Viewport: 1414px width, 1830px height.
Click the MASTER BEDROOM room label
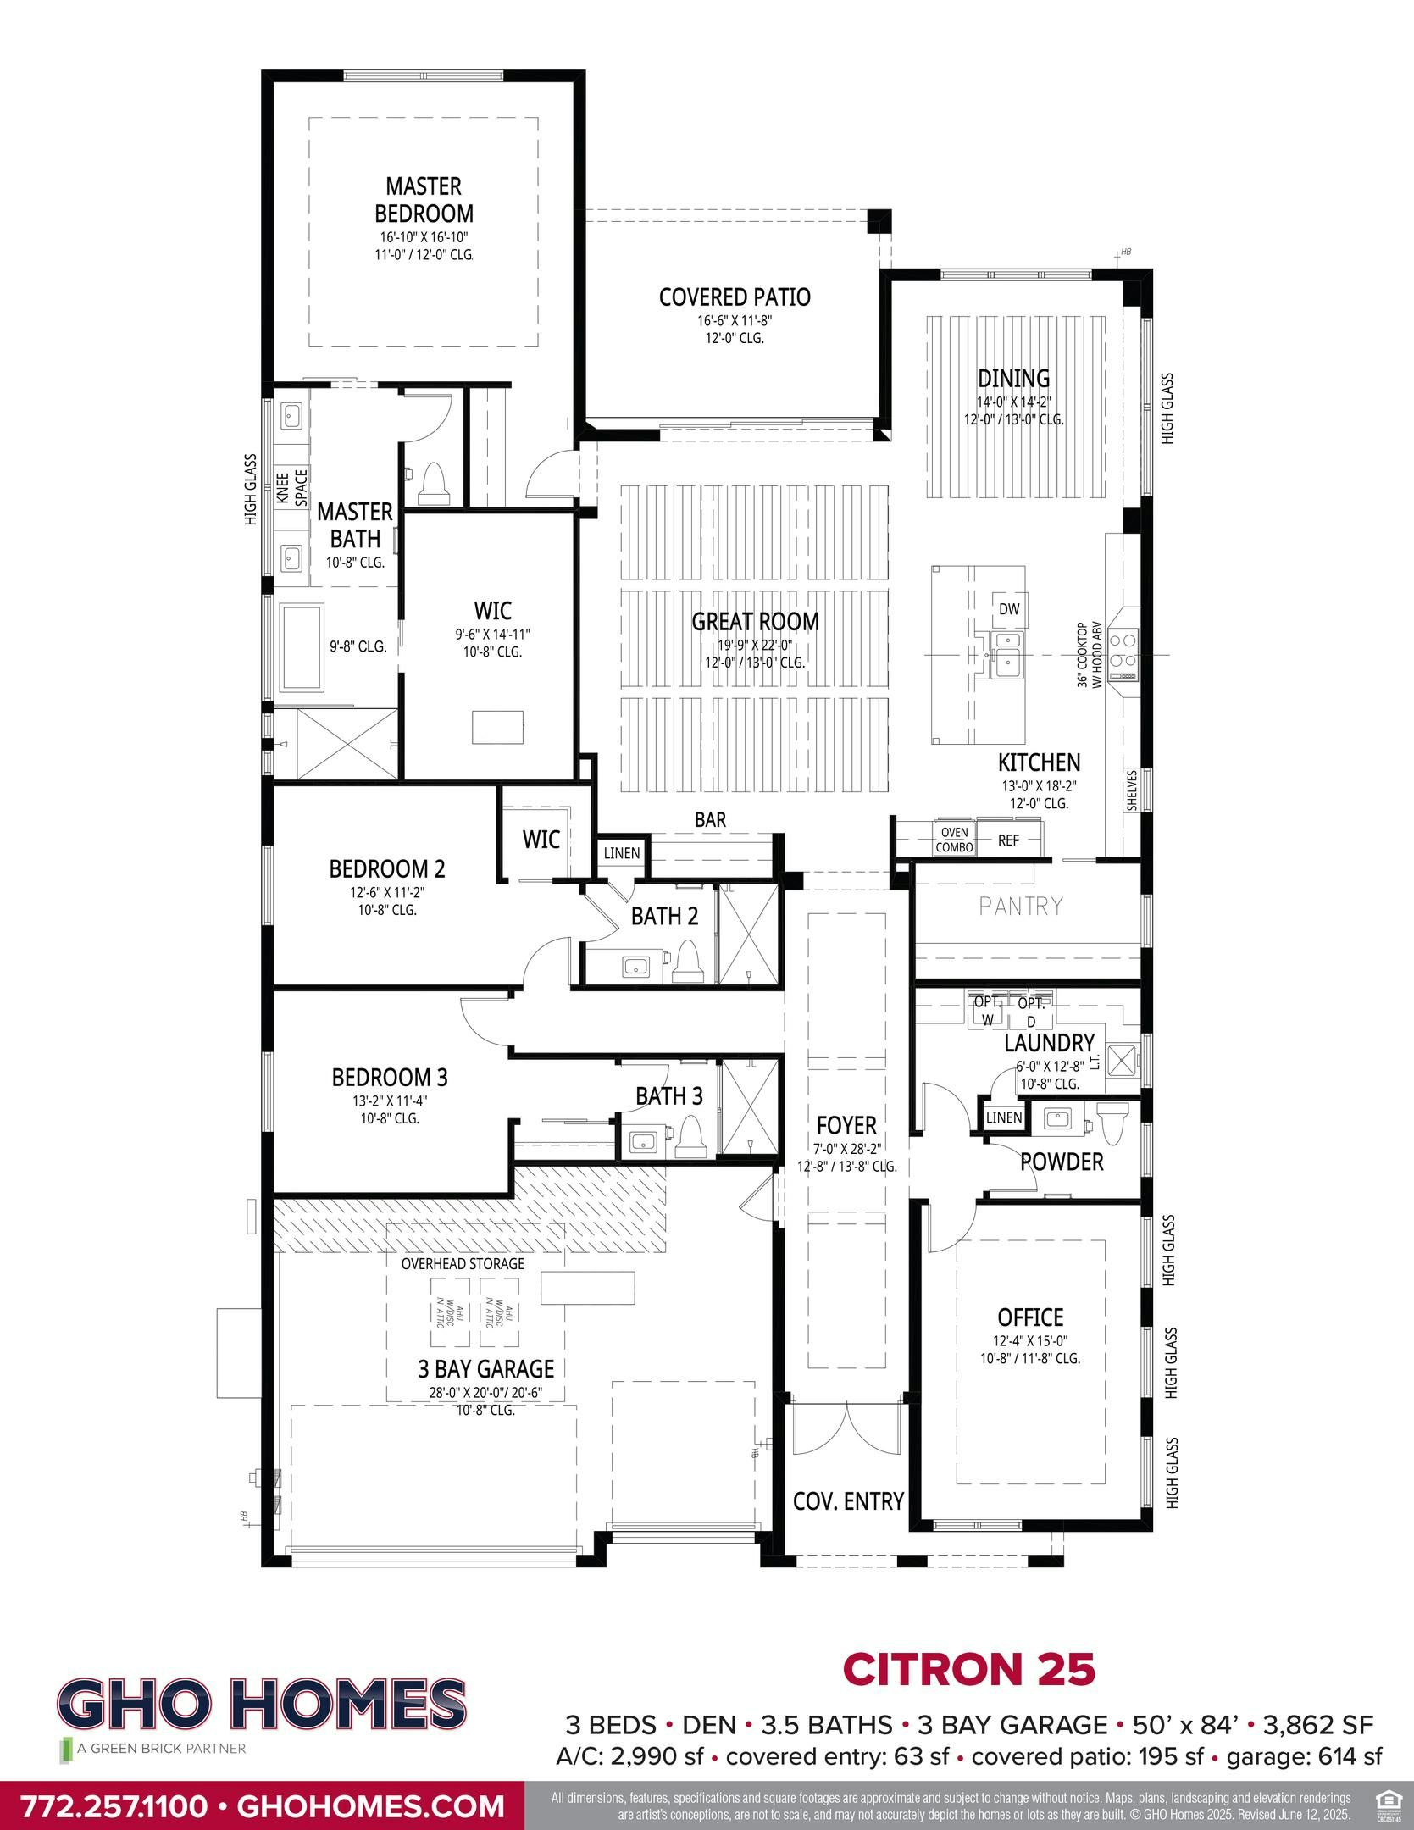coord(424,199)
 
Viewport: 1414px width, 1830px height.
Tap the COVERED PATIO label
coord(735,297)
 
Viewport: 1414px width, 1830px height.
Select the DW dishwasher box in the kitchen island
coord(1008,609)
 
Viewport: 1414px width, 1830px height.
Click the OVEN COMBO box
coord(954,840)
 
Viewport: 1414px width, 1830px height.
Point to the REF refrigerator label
coord(1008,840)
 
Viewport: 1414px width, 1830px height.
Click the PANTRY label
coord(1020,907)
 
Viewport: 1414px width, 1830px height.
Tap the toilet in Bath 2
coord(687,963)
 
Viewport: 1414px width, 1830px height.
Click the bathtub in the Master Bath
coord(302,646)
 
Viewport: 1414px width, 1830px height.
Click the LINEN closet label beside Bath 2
coord(622,853)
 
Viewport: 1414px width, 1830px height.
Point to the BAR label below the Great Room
coord(710,819)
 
